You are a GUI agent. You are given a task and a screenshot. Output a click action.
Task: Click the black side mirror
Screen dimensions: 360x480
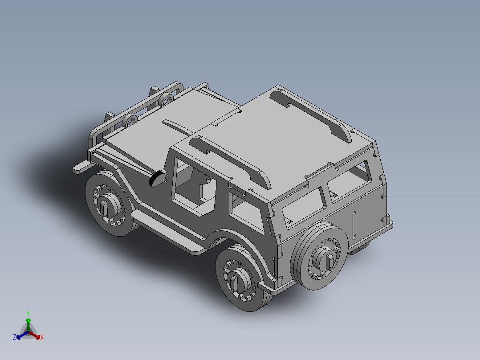(156, 179)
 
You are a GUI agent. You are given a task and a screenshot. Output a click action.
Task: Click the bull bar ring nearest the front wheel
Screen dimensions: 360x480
(131, 119)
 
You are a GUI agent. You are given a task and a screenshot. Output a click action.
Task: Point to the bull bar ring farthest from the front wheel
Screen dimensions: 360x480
(167, 99)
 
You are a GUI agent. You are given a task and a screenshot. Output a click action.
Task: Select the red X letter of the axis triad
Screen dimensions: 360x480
(41, 337)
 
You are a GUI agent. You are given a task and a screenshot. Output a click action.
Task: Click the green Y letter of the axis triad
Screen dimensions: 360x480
(28, 313)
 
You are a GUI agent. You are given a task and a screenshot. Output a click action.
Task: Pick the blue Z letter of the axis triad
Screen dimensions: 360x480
(15, 337)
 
